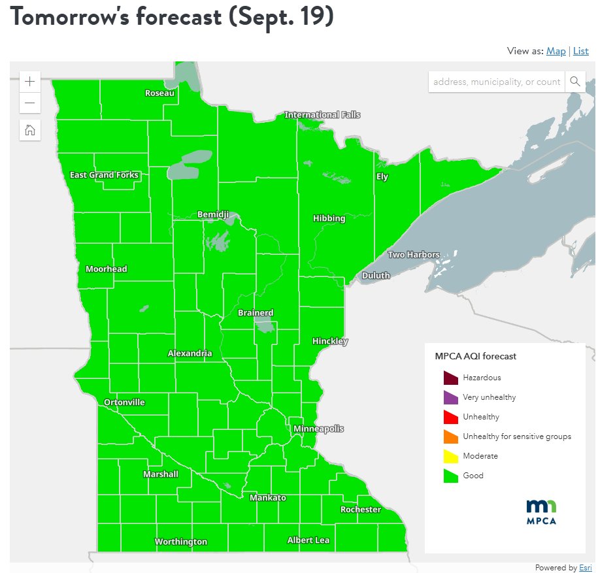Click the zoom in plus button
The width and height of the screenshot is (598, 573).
click(x=29, y=82)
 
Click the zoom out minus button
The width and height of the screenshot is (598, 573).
click(x=29, y=103)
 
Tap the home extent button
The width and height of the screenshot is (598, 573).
click(x=29, y=130)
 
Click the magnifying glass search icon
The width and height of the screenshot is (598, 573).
click(x=575, y=81)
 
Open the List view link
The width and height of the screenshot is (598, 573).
click(x=581, y=51)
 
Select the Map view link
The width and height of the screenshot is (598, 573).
click(x=556, y=51)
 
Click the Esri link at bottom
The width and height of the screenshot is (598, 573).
click(x=585, y=568)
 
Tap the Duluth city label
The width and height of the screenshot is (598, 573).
click(x=376, y=275)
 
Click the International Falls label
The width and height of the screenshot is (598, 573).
click(x=322, y=115)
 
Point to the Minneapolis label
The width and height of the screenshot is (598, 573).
click(x=318, y=429)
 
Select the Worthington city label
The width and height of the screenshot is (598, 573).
click(x=180, y=542)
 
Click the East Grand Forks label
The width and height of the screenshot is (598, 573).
click(x=104, y=175)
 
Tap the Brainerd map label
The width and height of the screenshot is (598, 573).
click(x=256, y=313)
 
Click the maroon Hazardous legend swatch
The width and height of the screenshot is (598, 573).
click(x=450, y=378)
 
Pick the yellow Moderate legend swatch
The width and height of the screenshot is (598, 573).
click(x=450, y=456)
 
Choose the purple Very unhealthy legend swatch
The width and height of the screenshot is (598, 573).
click(x=450, y=397)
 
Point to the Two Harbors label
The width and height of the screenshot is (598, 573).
click(x=414, y=254)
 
